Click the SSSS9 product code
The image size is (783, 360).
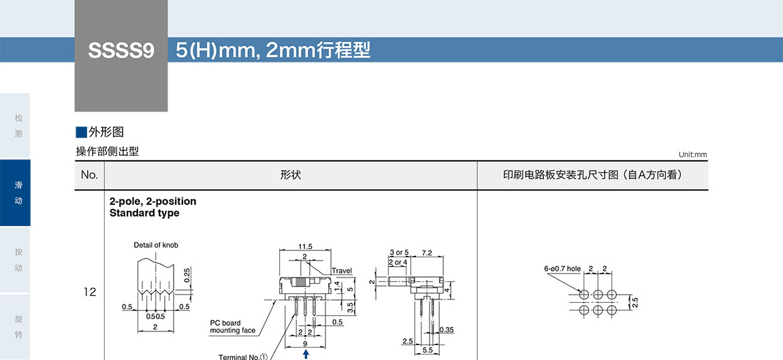click(121, 51)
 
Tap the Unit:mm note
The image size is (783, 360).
click(692, 154)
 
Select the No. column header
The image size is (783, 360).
click(89, 175)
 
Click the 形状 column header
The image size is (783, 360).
click(290, 175)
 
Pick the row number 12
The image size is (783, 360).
click(89, 292)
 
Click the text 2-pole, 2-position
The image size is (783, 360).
click(153, 201)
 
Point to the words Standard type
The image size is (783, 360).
click(144, 213)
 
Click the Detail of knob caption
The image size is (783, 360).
click(156, 245)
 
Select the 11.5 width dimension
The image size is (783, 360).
click(305, 246)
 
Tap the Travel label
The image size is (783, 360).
click(342, 271)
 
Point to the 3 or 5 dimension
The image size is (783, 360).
click(399, 252)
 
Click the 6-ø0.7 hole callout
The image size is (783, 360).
click(562, 269)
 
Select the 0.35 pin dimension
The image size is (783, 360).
click(447, 330)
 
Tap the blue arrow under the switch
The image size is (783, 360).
click(306, 354)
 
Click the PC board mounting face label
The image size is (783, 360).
click(233, 327)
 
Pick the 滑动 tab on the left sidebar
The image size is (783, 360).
click(18, 193)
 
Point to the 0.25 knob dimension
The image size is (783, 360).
click(187, 276)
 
